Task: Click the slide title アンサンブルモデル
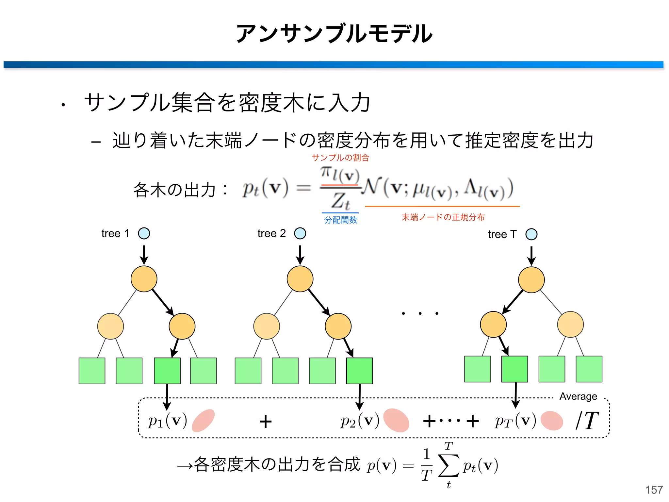click(x=334, y=33)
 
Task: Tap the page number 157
click(x=654, y=490)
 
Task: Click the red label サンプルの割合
click(x=340, y=158)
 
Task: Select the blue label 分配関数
click(x=340, y=220)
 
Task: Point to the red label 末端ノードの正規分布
click(x=443, y=217)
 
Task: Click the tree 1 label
click(x=115, y=233)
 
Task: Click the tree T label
click(x=502, y=234)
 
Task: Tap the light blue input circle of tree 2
click(x=300, y=233)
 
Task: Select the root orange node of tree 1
click(x=144, y=279)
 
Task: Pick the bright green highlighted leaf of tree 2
click(x=359, y=371)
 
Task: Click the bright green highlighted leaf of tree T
click(x=514, y=369)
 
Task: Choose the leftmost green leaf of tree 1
click(x=92, y=371)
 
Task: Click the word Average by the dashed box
click(x=578, y=396)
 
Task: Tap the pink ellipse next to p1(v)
click(x=203, y=420)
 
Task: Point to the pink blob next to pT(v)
click(x=552, y=421)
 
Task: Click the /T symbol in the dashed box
click(x=587, y=421)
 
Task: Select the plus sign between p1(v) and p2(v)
click(x=265, y=421)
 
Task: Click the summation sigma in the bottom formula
click(x=449, y=465)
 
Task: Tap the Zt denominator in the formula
click(x=340, y=201)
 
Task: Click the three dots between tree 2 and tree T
click(x=420, y=313)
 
